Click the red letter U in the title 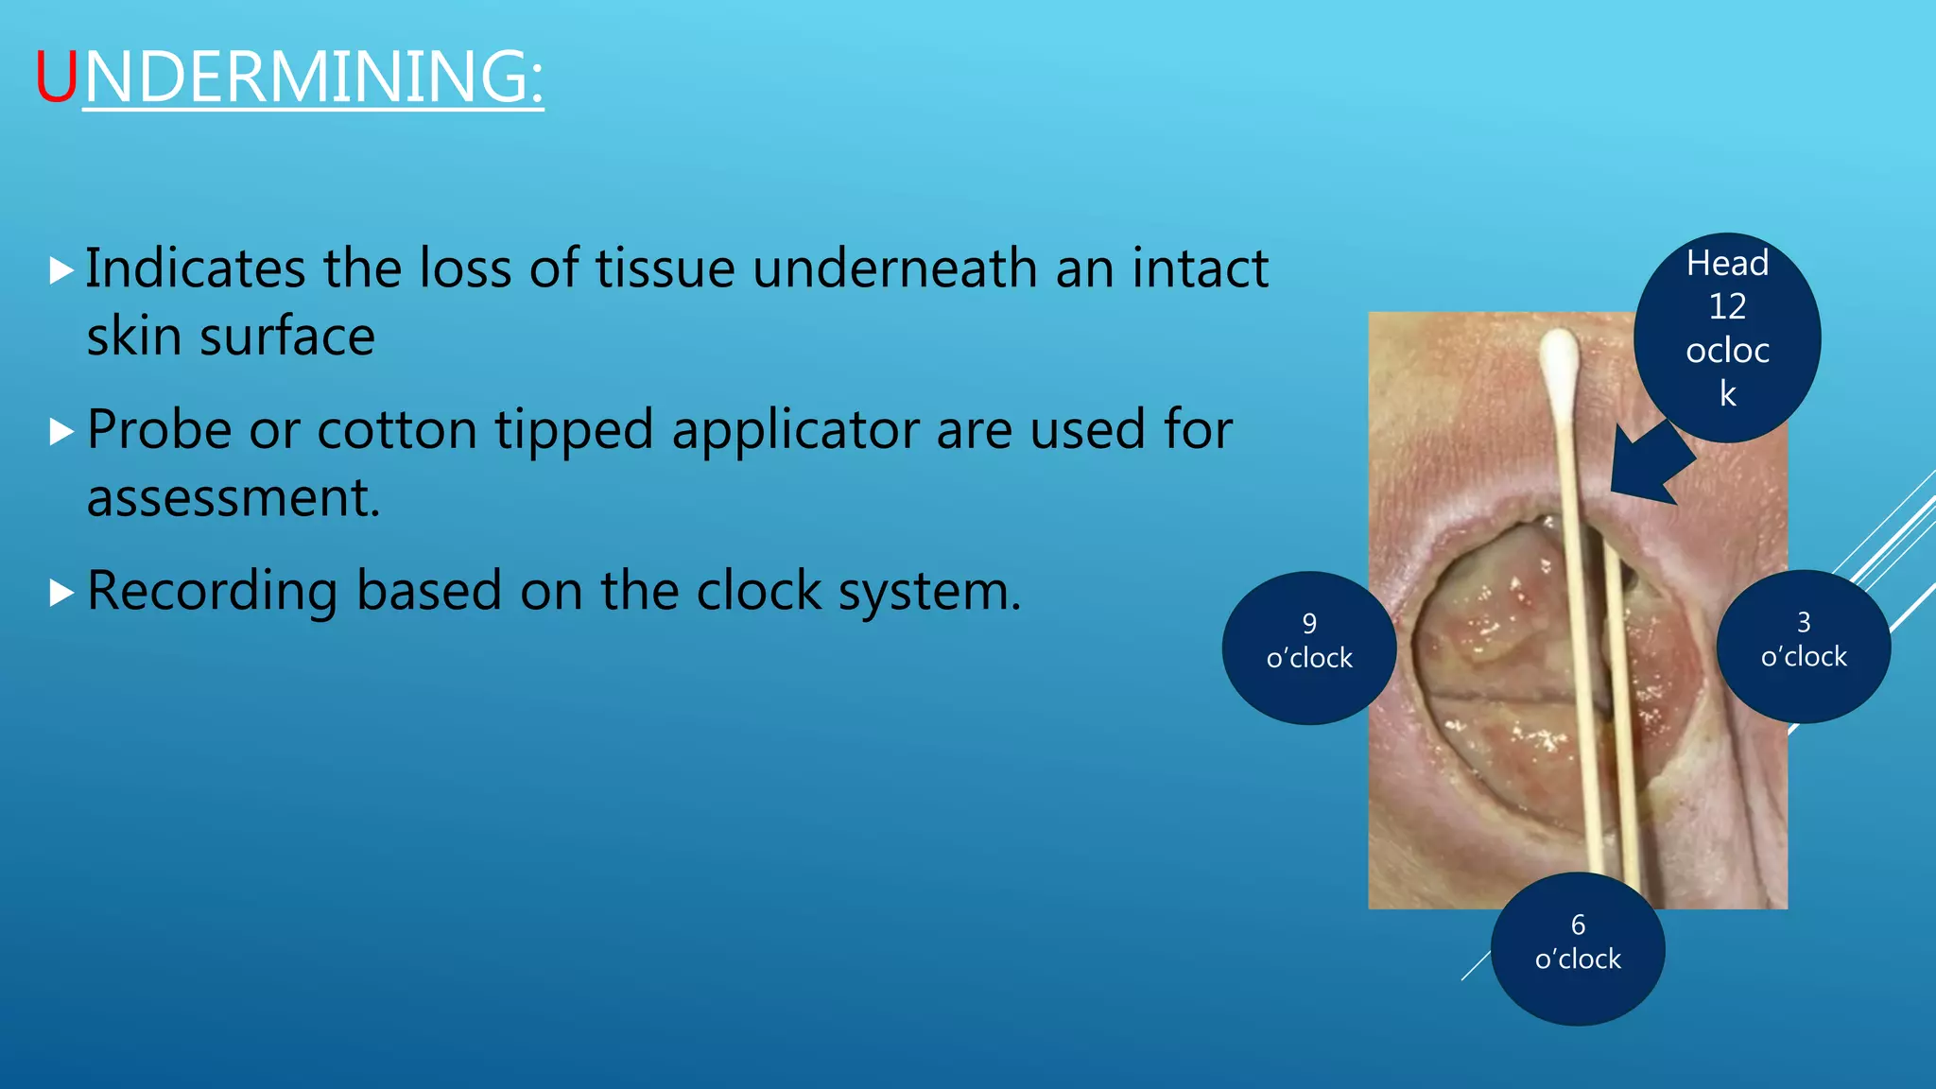(x=57, y=78)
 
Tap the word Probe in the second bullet (x=159, y=431)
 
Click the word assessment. (x=233, y=498)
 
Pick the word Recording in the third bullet (x=212, y=593)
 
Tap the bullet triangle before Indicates (x=61, y=271)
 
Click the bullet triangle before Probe (x=61, y=433)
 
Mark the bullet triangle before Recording (x=61, y=594)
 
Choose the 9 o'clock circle (x=1309, y=648)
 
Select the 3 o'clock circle (x=1804, y=647)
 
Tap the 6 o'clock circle (x=1578, y=948)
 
